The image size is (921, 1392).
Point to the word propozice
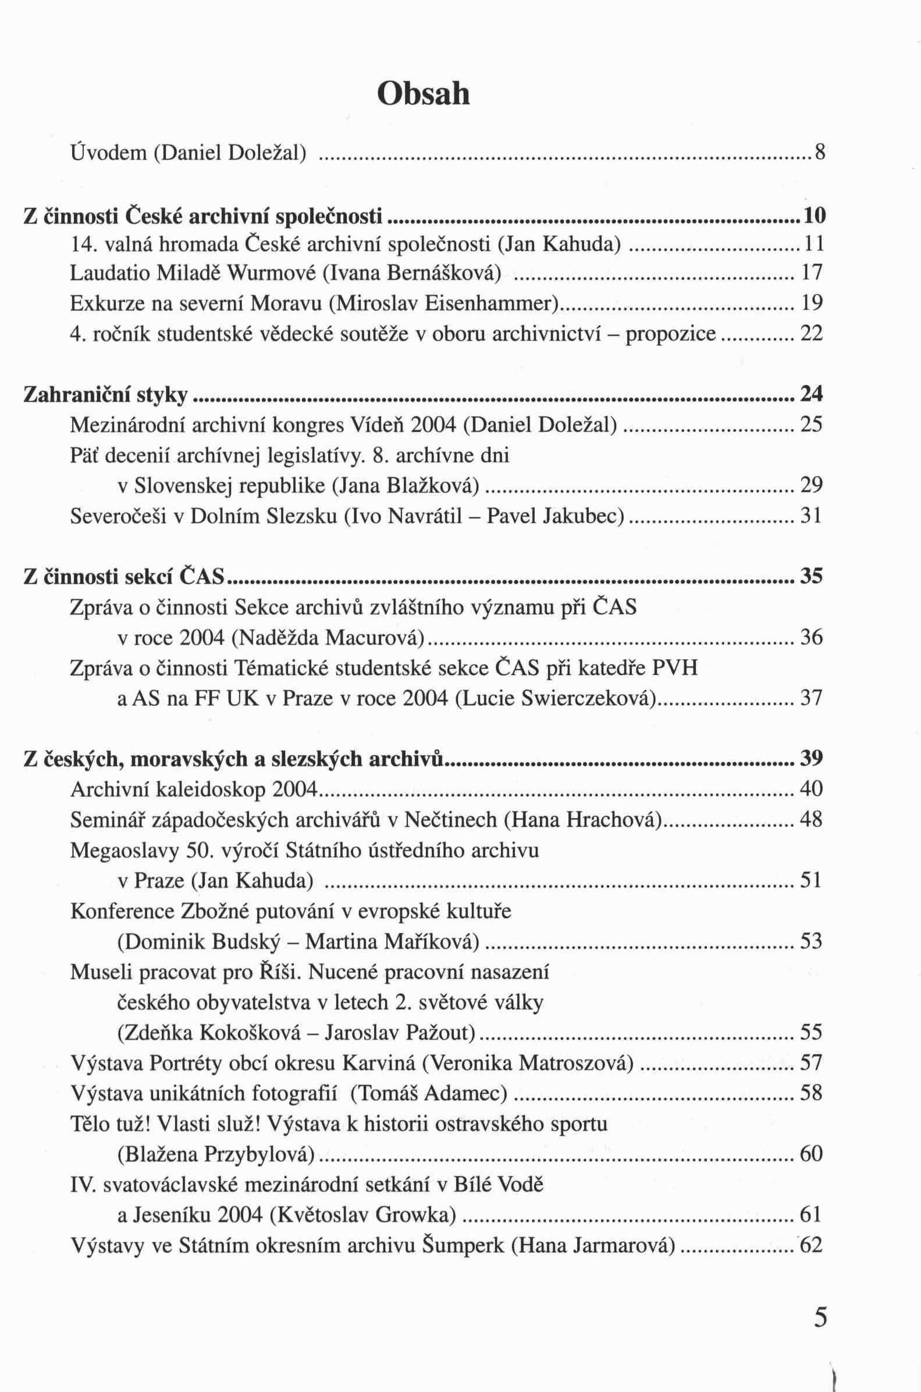(670, 334)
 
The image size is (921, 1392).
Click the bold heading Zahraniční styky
(106, 395)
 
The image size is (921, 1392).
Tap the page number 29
(812, 486)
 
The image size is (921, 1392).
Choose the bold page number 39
(812, 759)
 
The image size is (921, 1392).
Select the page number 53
(812, 942)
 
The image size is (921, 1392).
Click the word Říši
(280, 972)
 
